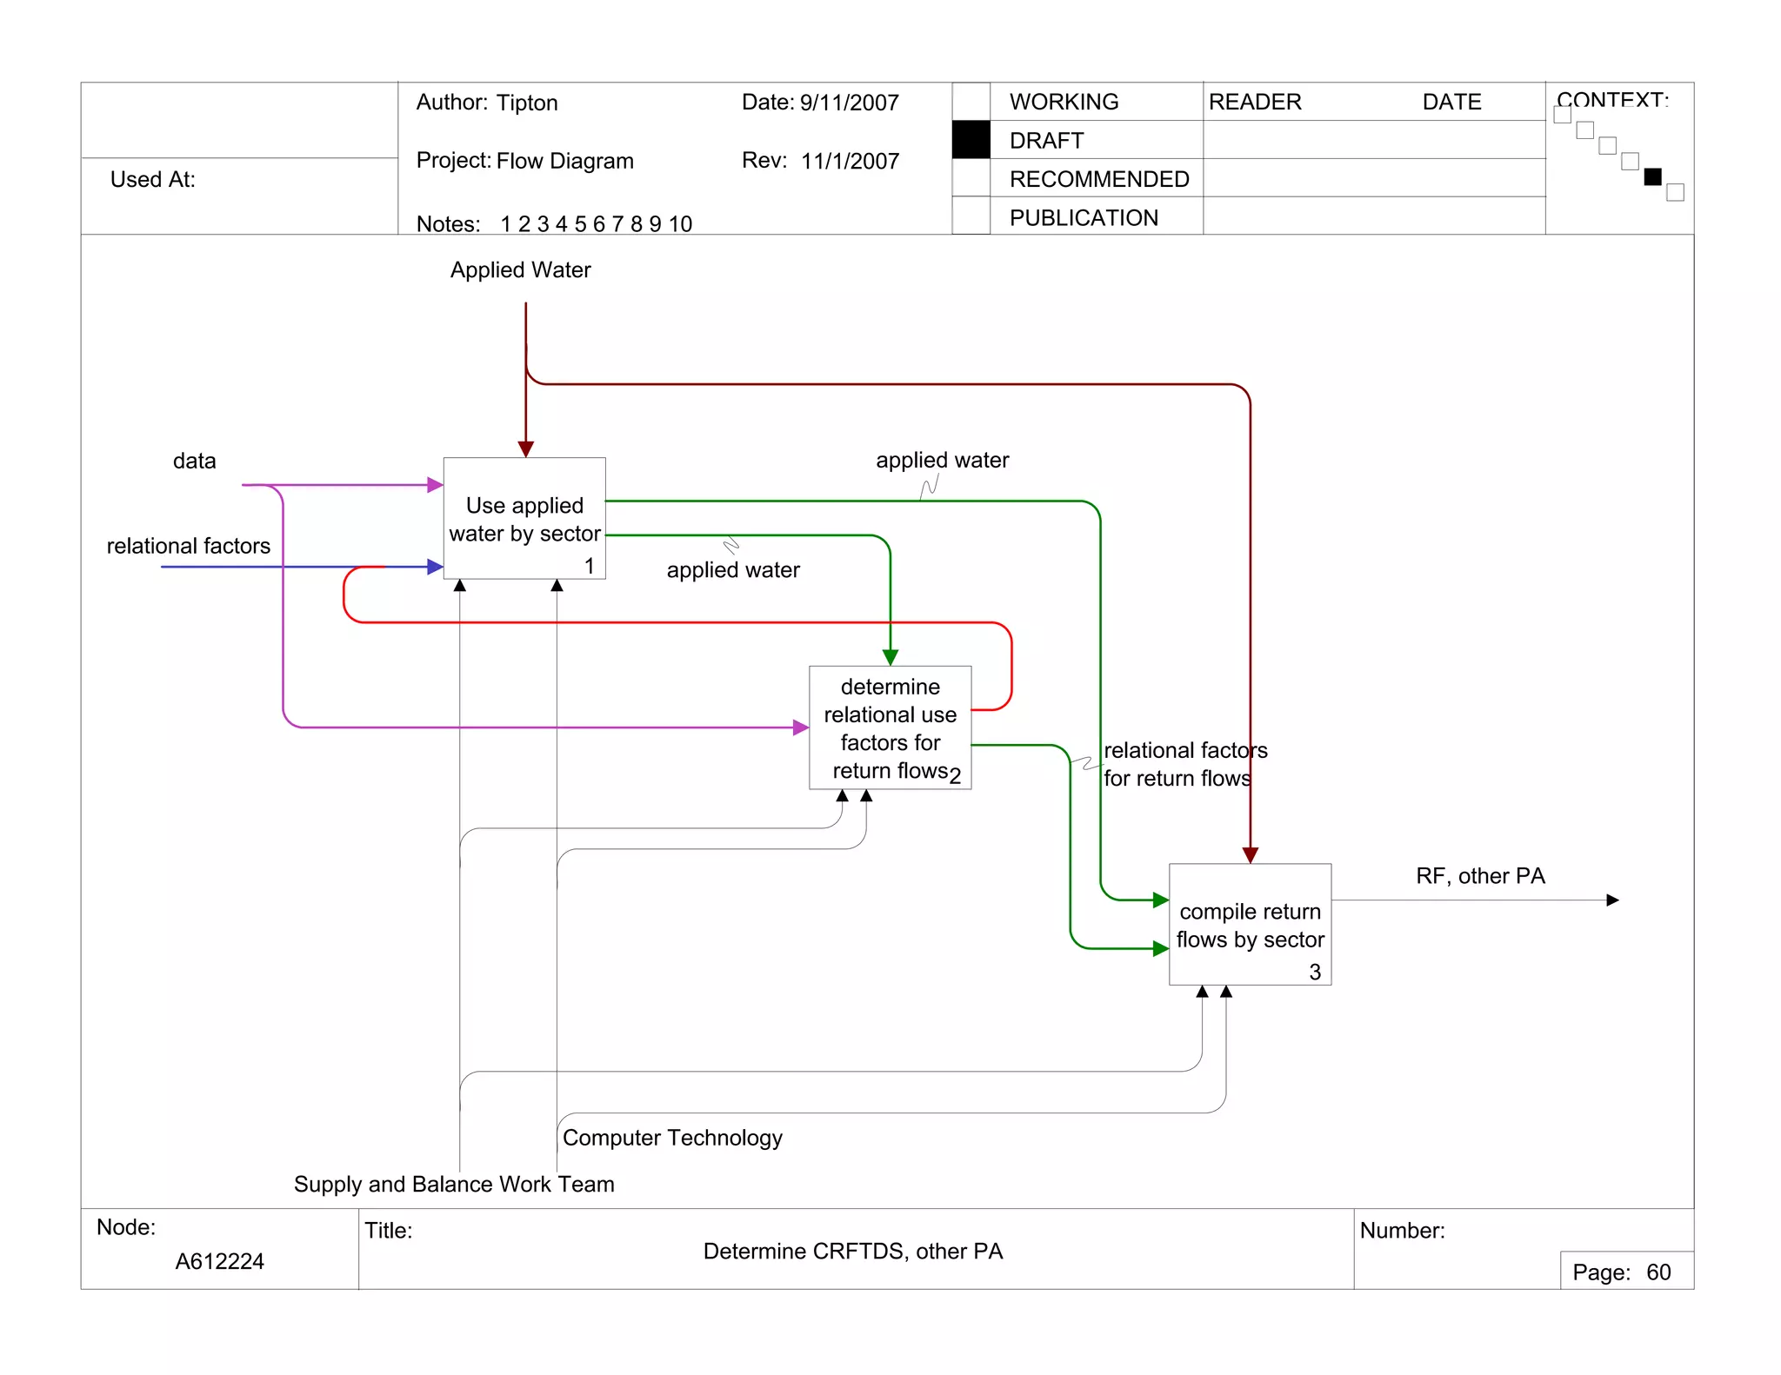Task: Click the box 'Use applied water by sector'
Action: point(524,519)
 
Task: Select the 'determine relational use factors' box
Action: point(890,727)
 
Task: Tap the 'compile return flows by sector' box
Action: point(1250,925)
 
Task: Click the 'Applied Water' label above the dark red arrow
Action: point(520,270)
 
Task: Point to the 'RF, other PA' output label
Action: point(1480,876)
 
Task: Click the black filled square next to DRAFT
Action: point(971,140)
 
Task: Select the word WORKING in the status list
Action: point(1064,102)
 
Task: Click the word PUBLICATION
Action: point(1084,218)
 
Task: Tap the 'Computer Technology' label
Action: point(672,1138)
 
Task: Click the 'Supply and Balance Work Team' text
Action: point(454,1185)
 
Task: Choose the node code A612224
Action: point(220,1261)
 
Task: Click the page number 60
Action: point(1658,1272)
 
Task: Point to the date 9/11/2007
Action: point(849,103)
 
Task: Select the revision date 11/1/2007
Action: point(850,162)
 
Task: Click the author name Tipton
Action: point(527,103)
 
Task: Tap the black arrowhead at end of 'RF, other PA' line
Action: point(1612,900)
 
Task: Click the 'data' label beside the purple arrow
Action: point(194,462)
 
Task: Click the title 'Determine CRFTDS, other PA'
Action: point(852,1252)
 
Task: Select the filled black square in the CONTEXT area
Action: point(1652,177)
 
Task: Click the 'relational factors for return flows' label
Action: point(1184,764)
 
